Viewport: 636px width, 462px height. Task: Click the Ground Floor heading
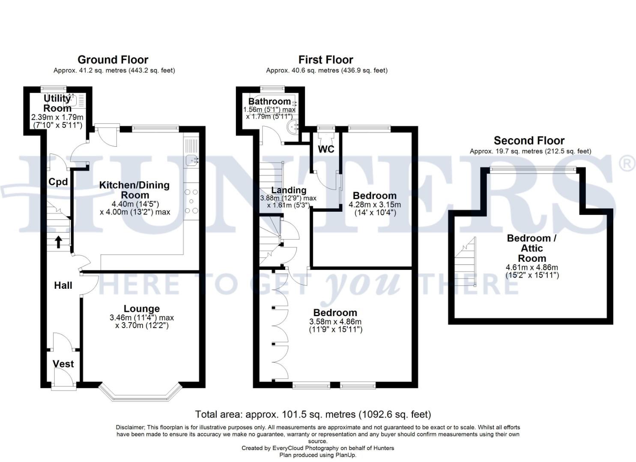tap(113, 60)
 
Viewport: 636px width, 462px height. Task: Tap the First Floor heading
tap(325, 60)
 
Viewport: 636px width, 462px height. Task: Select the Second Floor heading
tap(529, 141)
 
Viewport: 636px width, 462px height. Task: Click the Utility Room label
tap(57, 104)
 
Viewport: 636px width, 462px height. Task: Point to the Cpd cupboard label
tap(58, 182)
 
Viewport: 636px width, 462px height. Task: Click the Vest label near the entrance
tap(63, 364)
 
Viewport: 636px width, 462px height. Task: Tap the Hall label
tap(63, 285)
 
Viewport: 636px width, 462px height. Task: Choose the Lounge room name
tap(142, 309)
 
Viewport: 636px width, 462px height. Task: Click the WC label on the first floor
tap(326, 149)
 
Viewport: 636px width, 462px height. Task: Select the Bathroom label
tap(269, 101)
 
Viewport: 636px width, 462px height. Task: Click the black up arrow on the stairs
tap(58, 242)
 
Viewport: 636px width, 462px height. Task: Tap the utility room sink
tap(71, 101)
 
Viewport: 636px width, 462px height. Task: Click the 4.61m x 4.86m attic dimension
tap(532, 268)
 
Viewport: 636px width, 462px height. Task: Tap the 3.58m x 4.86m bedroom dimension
tap(335, 322)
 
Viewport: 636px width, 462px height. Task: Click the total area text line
tap(313, 415)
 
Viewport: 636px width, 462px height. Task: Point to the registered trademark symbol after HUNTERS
tap(627, 164)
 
